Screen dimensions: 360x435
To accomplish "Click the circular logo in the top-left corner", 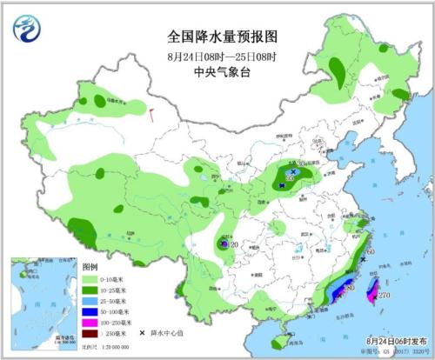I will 27,30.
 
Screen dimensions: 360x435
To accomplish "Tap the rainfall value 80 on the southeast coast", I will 351,287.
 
